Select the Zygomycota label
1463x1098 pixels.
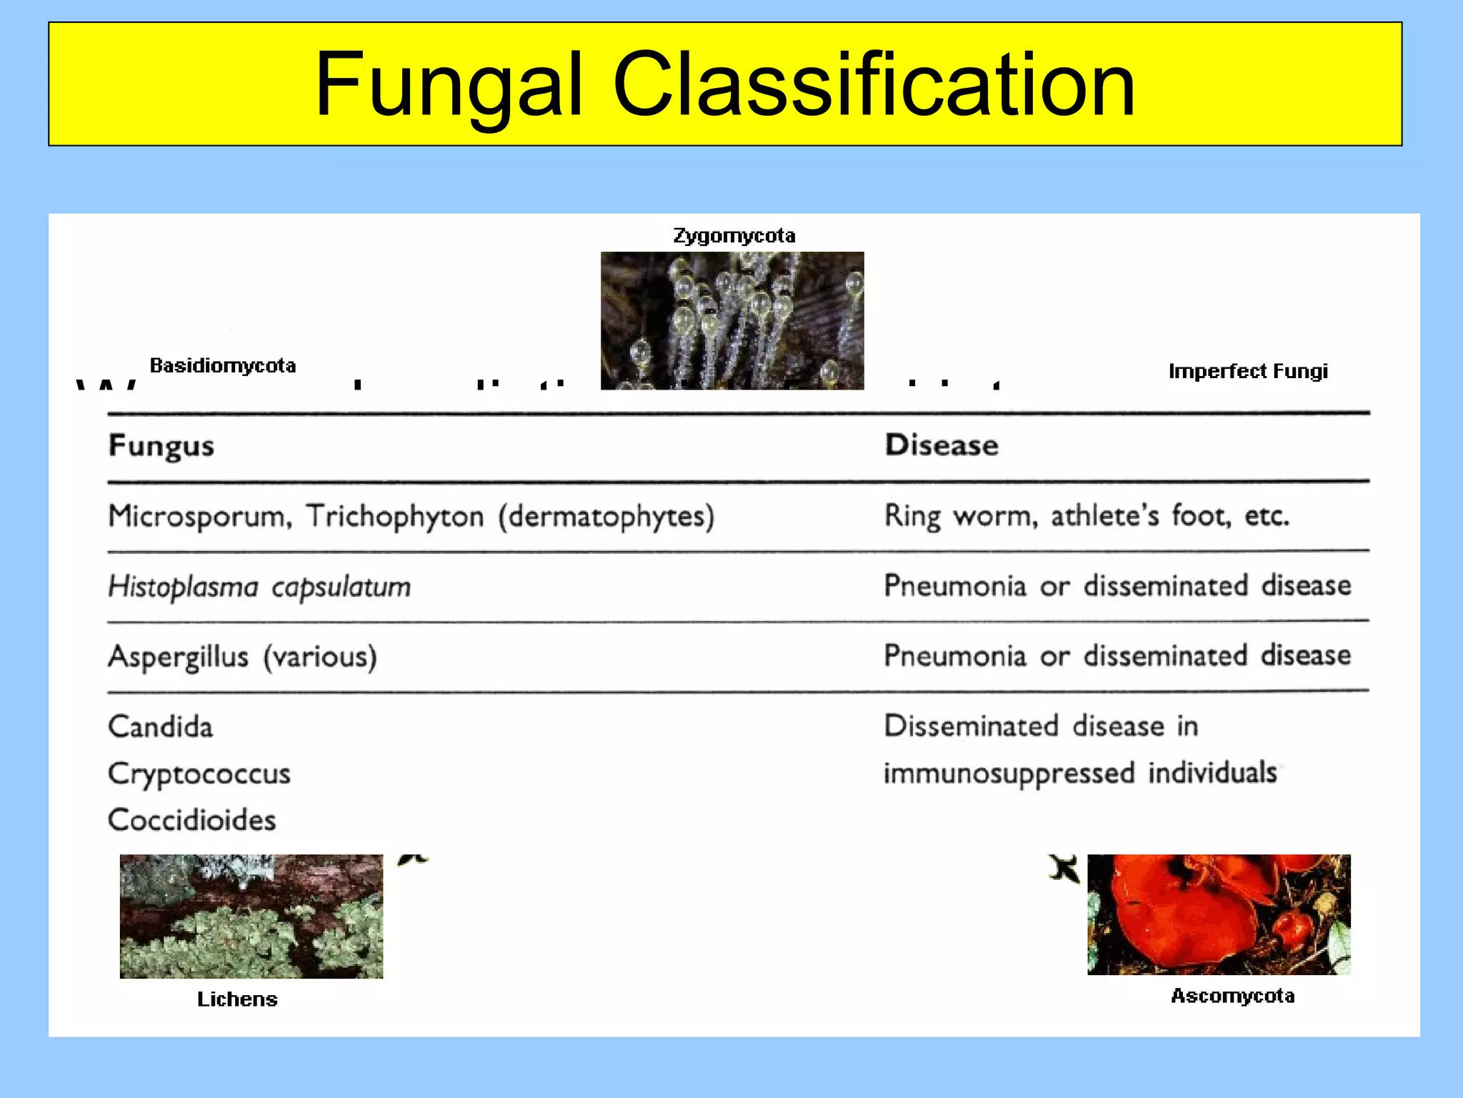(x=734, y=236)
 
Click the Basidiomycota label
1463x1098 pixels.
(x=223, y=366)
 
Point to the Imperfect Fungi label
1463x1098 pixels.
(x=1248, y=371)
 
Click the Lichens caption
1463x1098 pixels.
(x=237, y=999)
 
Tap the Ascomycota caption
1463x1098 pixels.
(x=1232, y=996)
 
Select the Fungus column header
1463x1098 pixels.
(x=161, y=446)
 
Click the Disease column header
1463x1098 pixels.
(x=942, y=445)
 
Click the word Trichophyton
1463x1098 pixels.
(x=395, y=516)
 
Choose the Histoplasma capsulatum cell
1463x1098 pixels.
(x=259, y=587)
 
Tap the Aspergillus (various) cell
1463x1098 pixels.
(x=242, y=656)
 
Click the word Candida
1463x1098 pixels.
(x=161, y=727)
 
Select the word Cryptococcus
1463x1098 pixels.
(x=199, y=774)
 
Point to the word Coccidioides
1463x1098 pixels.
(x=191, y=820)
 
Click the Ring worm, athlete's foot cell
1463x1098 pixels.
(x=1087, y=515)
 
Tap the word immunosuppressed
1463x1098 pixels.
(x=1009, y=773)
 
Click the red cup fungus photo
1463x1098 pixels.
(x=1219, y=914)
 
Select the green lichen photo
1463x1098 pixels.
(x=251, y=916)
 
